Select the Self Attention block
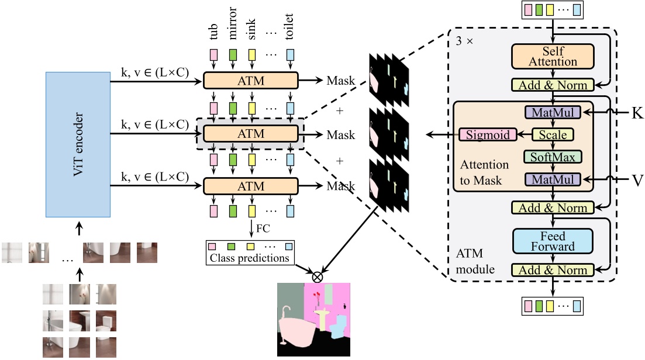point(553,57)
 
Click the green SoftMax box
point(552,157)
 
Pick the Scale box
point(552,135)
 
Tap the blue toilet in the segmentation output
point(338,327)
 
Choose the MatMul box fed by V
point(552,179)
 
